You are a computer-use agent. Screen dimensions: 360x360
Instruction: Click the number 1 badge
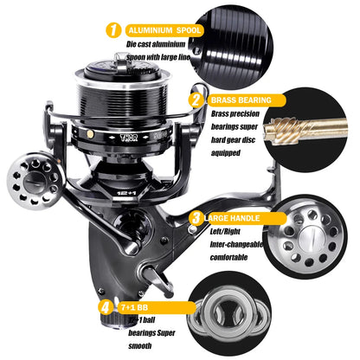[x=112, y=31]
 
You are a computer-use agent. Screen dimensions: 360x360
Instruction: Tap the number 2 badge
[x=197, y=100]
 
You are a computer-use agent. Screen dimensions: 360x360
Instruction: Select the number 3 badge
[x=196, y=218]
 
